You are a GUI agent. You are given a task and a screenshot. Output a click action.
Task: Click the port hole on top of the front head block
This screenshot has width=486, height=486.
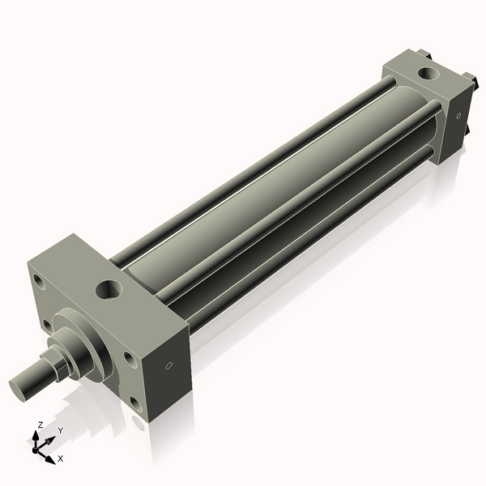tap(108, 288)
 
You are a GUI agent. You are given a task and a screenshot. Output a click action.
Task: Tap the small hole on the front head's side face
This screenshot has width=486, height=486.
tap(168, 367)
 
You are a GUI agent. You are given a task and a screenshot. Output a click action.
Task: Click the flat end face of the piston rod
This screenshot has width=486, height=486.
tap(21, 386)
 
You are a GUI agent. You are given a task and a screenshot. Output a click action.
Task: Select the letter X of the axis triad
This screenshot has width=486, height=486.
tap(61, 458)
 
